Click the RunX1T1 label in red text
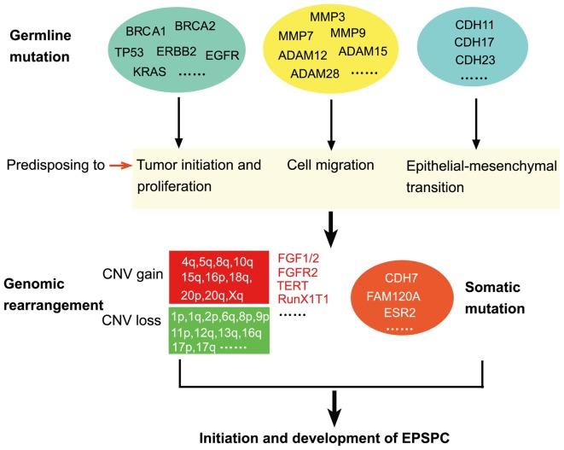click(x=303, y=297)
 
